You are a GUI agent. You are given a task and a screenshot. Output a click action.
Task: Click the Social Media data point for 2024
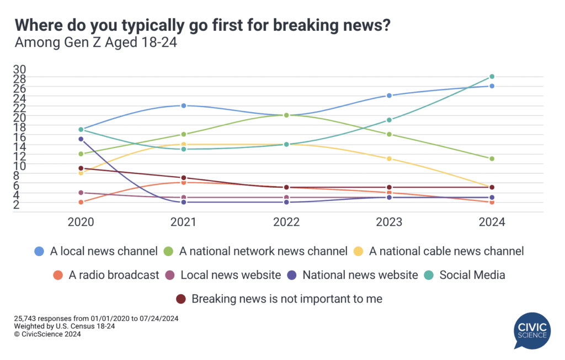point(492,77)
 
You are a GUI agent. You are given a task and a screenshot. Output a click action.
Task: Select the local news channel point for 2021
point(184,105)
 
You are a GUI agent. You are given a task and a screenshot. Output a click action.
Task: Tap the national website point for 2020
point(81,139)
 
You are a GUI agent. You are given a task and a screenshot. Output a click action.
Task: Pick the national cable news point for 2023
point(389,158)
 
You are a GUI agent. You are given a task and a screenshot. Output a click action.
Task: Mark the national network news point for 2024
point(492,158)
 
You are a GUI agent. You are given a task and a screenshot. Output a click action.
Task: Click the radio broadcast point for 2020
point(81,202)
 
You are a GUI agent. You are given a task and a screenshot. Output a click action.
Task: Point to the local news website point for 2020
point(81,193)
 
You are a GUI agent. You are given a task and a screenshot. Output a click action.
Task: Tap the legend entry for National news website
point(354,275)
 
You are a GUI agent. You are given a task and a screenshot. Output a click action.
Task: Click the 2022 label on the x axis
point(286,223)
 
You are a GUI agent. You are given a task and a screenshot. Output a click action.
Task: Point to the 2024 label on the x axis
point(492,223)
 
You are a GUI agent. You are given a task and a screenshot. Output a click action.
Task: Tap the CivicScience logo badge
point(532,331)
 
